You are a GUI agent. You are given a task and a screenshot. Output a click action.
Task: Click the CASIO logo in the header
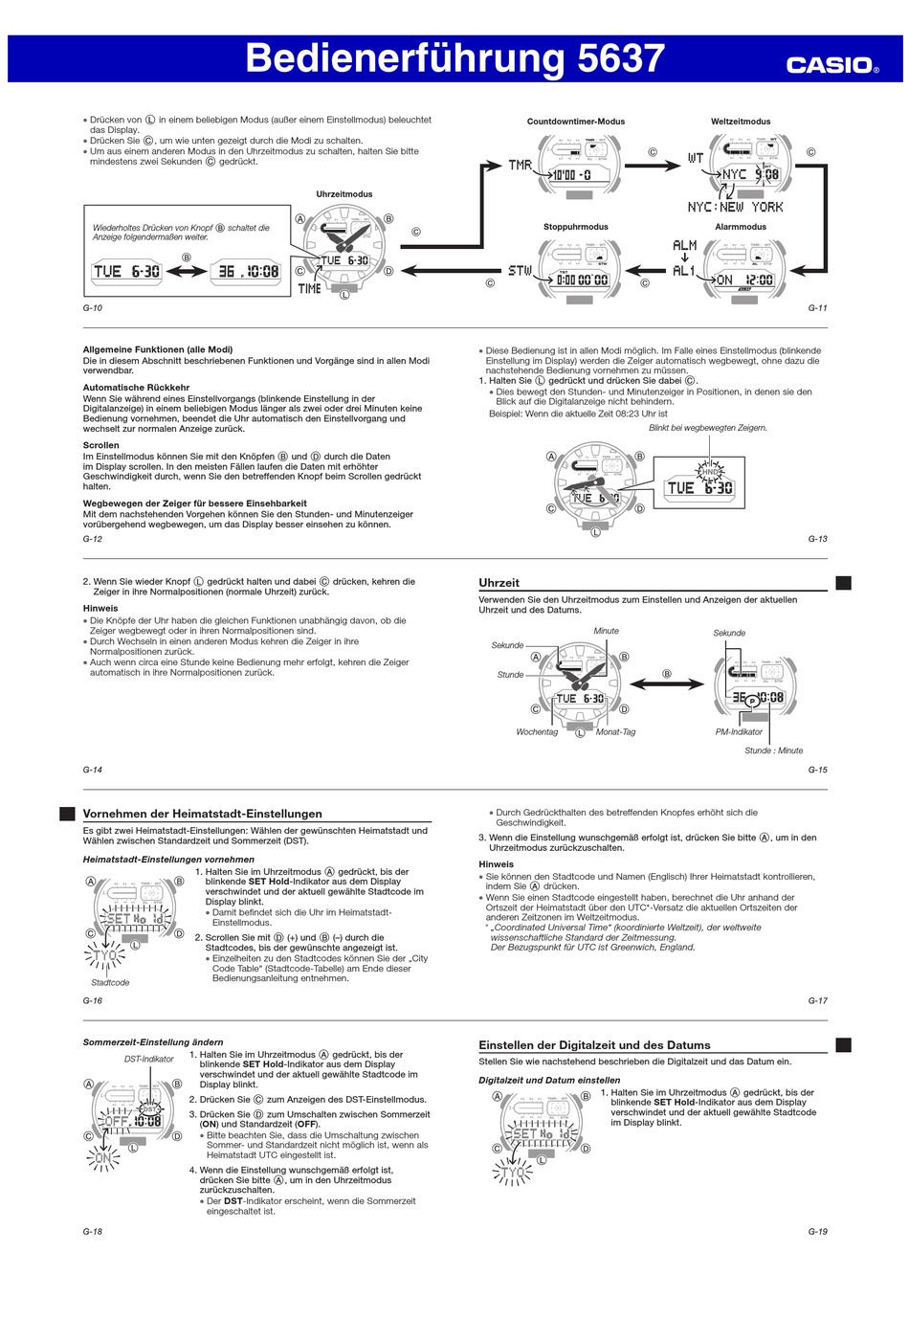tap(831, 65)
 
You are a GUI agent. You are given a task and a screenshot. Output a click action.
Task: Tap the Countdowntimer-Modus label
tap(575, 122)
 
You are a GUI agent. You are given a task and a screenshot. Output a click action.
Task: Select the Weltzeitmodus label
tap(741, 122)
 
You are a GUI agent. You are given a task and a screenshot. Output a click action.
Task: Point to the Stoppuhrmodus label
tap(575, 227)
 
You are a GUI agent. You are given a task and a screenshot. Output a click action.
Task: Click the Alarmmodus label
tap(741, 227)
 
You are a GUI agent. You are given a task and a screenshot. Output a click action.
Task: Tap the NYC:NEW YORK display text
tap(735, 207)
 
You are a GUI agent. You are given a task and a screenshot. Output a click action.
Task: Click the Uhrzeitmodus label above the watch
tap(344, 194)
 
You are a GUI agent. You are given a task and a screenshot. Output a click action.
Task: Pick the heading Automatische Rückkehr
tap(136, 388)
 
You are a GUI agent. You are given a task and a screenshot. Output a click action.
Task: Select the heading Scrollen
tap(100, 445)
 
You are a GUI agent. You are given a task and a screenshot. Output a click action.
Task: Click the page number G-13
tap(817, 539)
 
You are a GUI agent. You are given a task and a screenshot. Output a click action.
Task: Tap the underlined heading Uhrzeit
tap(499, 583)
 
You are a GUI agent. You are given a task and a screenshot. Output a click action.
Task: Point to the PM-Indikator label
tap(739, 732)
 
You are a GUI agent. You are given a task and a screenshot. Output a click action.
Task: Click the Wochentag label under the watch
tap(537, 732)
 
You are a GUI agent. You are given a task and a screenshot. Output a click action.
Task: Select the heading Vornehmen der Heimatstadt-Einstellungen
tap(202, 814)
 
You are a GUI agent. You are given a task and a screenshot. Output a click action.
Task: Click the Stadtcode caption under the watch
tap(110, 983)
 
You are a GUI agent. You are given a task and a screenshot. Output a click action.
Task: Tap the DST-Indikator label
tap(149, 1059)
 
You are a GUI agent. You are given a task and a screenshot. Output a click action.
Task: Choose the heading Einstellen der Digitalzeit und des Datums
tap(594, 1045)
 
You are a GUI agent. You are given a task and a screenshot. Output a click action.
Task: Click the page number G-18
tap(93, 1232)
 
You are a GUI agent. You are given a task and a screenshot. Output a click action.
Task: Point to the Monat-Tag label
tap(615, 732)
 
